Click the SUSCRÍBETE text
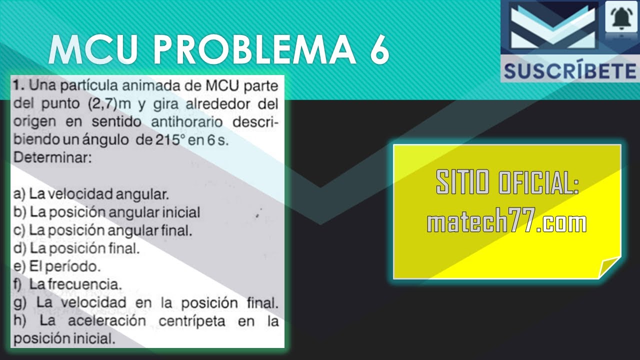click(569, 71)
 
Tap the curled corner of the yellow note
click(609, 267)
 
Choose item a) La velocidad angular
click(91, 193)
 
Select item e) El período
click(57, 266)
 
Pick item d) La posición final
click(77, 248)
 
